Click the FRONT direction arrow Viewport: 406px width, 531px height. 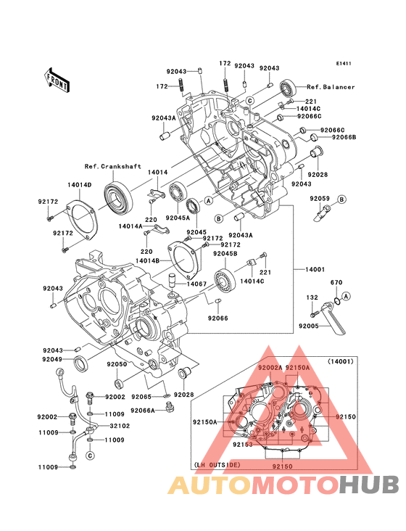point(57,81)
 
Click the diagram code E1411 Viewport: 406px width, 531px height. point(344,63)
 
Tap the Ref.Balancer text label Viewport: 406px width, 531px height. point(331,87)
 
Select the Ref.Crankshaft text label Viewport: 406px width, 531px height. point(112,166)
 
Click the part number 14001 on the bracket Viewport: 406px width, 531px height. point(315,270)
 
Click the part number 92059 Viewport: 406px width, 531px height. point(320,199)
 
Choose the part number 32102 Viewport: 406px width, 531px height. point(120,426)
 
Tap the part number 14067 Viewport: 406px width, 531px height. point(196,284)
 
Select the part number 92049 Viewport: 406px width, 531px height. point(52,359)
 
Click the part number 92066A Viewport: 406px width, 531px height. point(142,411)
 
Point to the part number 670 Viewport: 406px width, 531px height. point(336,282)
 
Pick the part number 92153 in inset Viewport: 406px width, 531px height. point(243,444)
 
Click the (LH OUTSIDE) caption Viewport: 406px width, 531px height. point(217,465)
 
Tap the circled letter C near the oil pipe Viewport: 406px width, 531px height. point(90,456)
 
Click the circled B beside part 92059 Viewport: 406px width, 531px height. point(341,199)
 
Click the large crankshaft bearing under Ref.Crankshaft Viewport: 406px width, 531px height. point(118,199)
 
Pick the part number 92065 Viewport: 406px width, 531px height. point(141,397)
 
